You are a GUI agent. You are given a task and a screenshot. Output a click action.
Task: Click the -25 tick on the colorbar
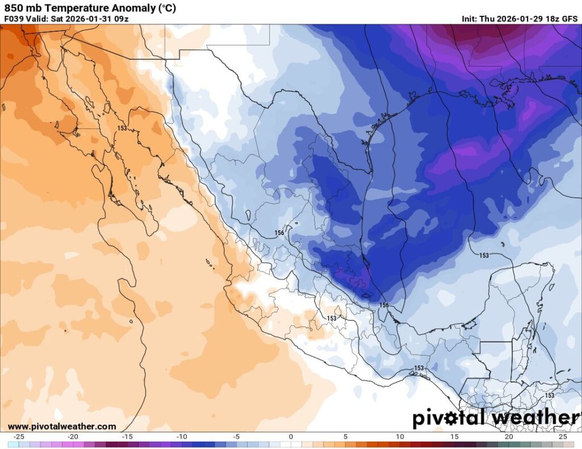coord(18,437)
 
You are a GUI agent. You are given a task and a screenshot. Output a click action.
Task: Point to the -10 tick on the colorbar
coord(182,437)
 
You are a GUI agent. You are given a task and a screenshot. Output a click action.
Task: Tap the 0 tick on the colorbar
coord(291,437)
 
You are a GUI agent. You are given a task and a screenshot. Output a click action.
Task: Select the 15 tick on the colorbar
coord(454,437)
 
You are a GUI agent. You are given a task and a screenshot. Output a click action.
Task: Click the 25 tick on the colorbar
coord(563,437)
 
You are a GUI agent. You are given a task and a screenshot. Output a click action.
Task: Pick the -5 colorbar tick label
coord(236,437)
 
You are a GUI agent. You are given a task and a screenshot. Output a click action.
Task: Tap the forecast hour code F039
coord(14,18)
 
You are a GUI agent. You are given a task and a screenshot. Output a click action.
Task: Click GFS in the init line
coord(569,18)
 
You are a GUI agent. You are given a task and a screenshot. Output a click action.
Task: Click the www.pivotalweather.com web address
coord(62,426)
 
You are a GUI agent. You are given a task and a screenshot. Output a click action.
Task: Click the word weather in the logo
coord(534,418)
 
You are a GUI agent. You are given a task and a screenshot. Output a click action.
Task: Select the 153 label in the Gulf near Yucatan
coord(484,255)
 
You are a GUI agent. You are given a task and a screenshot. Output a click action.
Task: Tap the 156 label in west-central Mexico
coord(279,233)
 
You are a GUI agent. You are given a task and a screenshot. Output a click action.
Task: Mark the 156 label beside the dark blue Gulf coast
coord(385,305)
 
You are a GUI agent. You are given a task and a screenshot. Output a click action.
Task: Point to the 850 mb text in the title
coord(23,8)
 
